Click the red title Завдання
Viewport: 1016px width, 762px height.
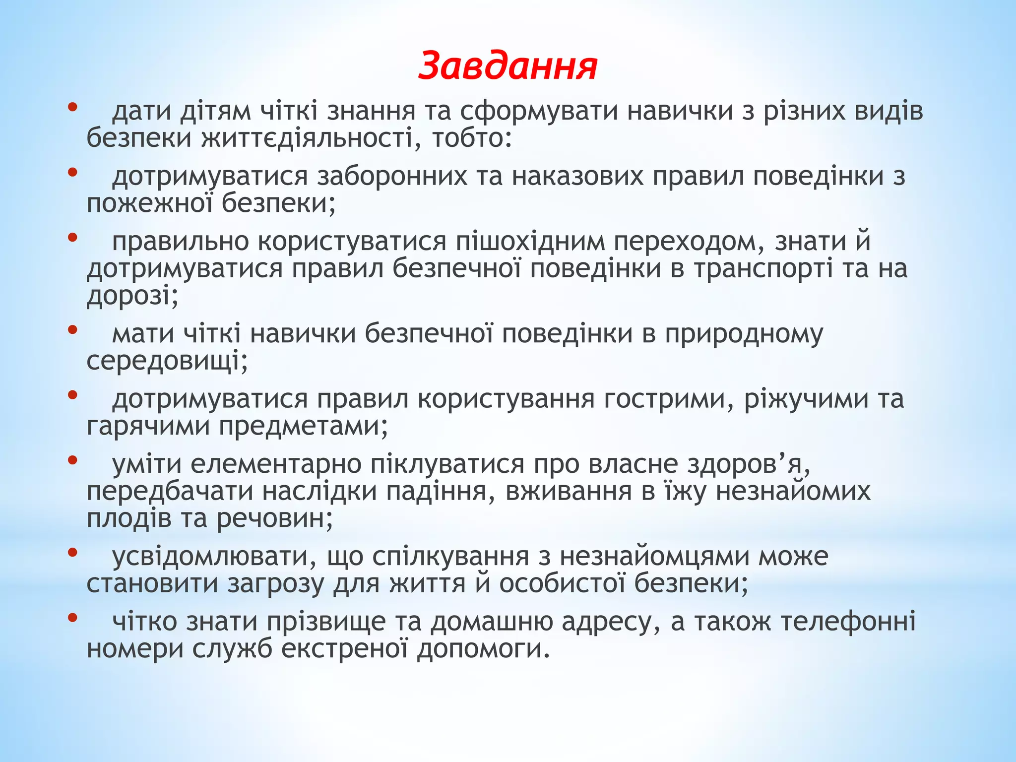click(508, 66)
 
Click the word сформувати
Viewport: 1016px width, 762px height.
click(539, 111)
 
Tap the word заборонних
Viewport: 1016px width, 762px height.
click(392, 177)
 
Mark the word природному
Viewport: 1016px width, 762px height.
click(744, 334)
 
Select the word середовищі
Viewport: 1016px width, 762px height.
click(167, 361)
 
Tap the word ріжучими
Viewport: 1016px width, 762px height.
click(806, 399)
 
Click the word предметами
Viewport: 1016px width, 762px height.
click(303, 426)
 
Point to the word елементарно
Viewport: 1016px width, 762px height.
click(276, 464)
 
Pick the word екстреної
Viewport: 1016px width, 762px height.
click(344, 649)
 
